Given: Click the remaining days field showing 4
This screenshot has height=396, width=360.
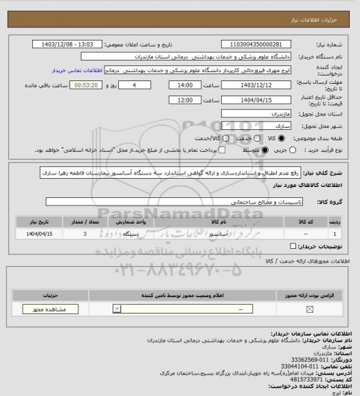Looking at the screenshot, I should (x=142, y=85).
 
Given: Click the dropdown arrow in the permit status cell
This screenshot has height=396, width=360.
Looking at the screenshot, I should (x=115, y=309).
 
